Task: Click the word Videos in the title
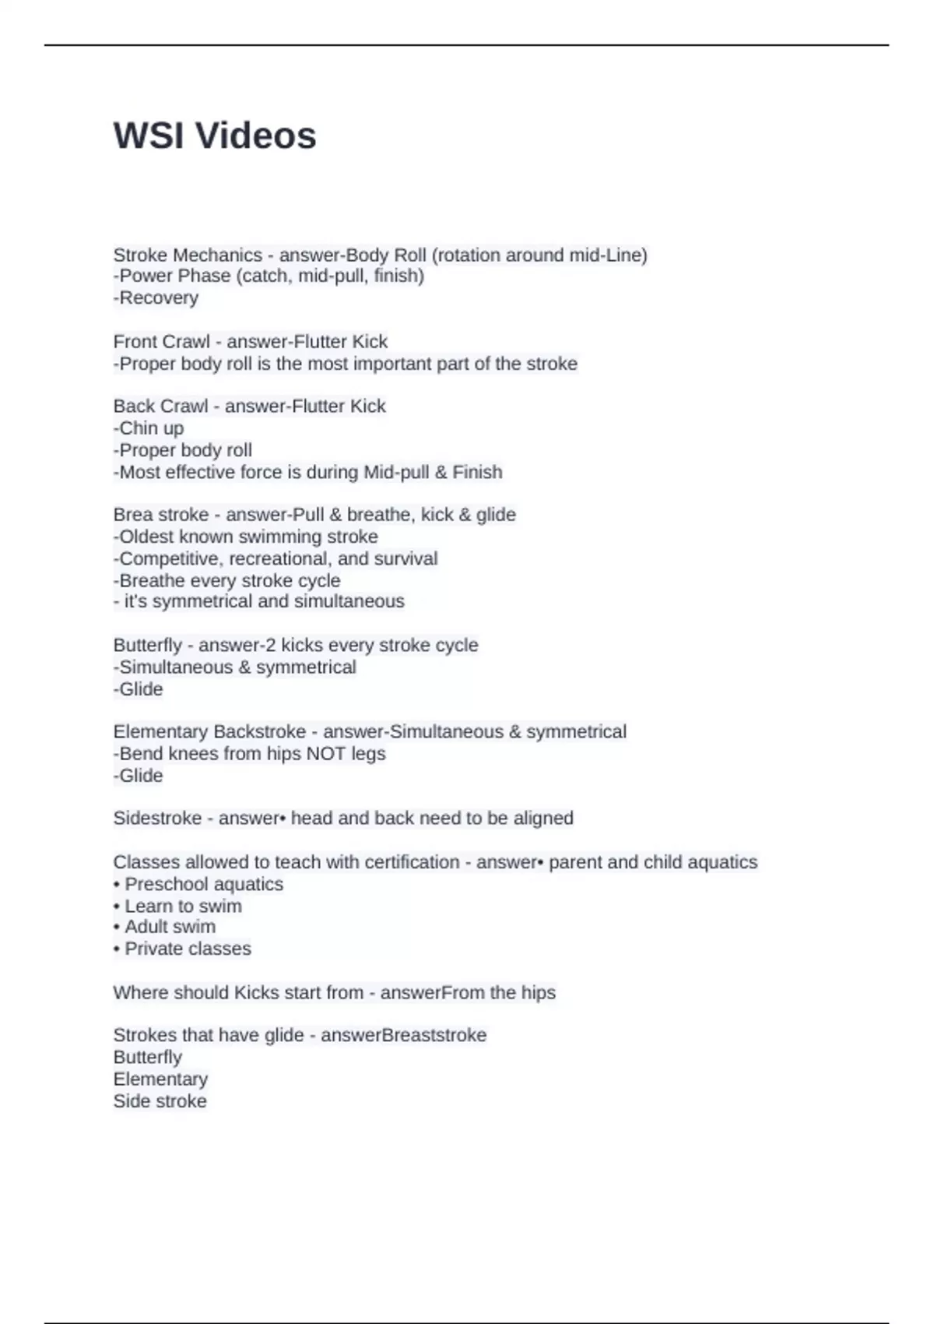click(255, 136)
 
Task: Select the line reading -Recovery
click(156, 298)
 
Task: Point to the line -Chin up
click(149, 428)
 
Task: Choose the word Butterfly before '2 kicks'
click(147, 645)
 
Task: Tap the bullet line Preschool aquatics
click(198, 884)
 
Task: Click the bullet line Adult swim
click(164, 927)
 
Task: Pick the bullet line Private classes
click(182, 949)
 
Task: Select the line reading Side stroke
click(160, 1101)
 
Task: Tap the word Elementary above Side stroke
click(160, 1079)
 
